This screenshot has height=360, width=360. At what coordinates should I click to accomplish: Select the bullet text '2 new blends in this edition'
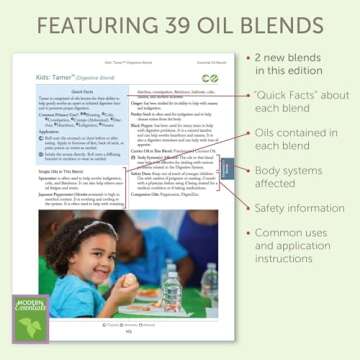click(298, 66)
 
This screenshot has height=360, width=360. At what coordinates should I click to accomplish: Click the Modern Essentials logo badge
click(30, 318)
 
